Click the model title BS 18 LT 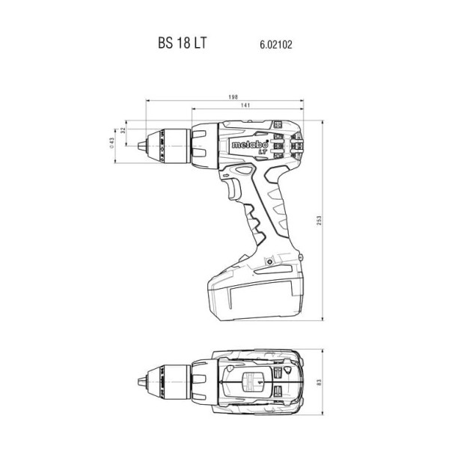pyautogui.click(x=182, y=43)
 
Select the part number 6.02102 pyautogui.click(x=276, y=45)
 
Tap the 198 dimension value pyautogui.click(x=233, y=97)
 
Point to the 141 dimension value pyautogui.click(x=245, y=105)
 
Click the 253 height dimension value pyautogui.click(x=320, y=220)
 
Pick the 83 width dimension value pyautogui.click(x=320, y=382)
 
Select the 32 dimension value pyautogui.click(x=123, y=130)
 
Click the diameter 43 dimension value pyautogui.click(x=112, y=142)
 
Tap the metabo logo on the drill pyautogui.click(x=250, y=144)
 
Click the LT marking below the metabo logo pyautogui.click(x=263, y=153)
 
